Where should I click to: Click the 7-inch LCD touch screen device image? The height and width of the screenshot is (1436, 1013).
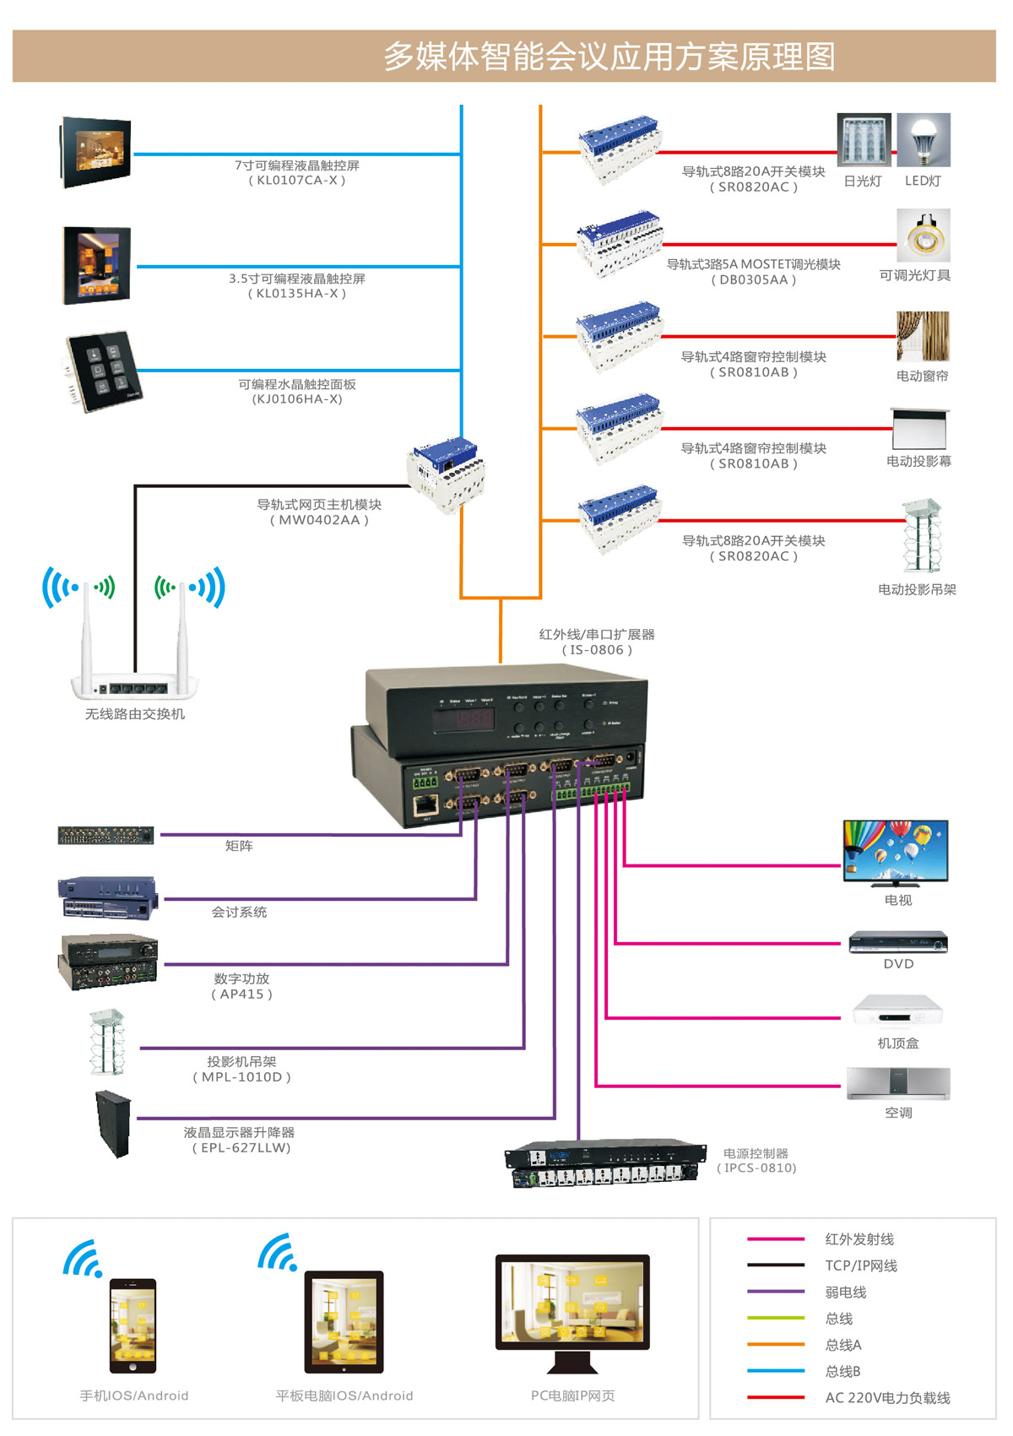95,152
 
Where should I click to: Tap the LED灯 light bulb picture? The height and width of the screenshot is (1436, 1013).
924,140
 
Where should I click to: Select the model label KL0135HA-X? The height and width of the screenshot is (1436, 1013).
297,294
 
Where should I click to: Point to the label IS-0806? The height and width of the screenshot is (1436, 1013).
597,650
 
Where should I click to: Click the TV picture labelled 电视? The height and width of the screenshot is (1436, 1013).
896,852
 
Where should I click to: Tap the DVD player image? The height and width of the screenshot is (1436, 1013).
898,942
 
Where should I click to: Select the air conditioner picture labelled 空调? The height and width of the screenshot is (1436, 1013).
898,1084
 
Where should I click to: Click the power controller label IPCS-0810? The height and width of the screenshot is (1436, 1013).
757,1168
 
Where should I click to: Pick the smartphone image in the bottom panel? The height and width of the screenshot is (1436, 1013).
133,1326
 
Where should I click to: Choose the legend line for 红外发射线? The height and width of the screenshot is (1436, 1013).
775,1239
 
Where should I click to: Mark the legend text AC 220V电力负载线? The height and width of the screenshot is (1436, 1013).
887,1398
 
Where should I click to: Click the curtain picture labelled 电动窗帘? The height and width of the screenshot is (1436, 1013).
923,337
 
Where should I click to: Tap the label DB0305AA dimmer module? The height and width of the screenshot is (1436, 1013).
754,280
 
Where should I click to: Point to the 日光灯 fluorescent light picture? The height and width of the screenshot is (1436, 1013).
864,140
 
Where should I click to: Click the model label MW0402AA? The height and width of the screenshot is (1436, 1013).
319,520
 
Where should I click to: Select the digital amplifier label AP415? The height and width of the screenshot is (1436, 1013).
241,994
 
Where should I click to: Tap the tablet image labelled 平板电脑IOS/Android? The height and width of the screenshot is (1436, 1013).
344,1322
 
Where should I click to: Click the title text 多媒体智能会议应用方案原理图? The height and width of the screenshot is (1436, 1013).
609,57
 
